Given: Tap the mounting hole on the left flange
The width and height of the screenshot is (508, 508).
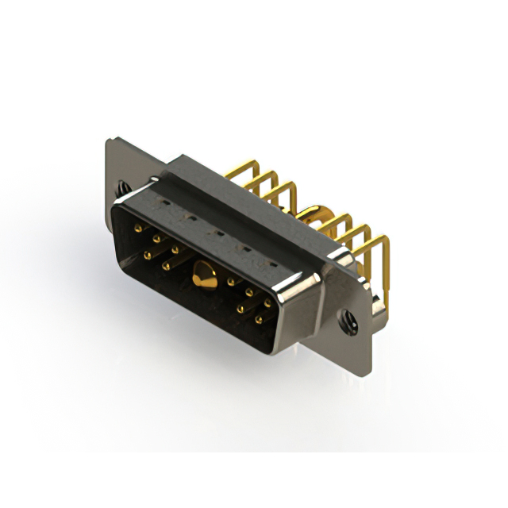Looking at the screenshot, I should pos(123,189).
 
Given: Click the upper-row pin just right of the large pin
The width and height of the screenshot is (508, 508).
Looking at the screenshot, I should pos(231,281).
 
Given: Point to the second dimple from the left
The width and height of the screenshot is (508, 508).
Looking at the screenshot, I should pos(187,217).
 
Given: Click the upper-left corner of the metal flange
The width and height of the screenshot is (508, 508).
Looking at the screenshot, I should pos(109,141).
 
